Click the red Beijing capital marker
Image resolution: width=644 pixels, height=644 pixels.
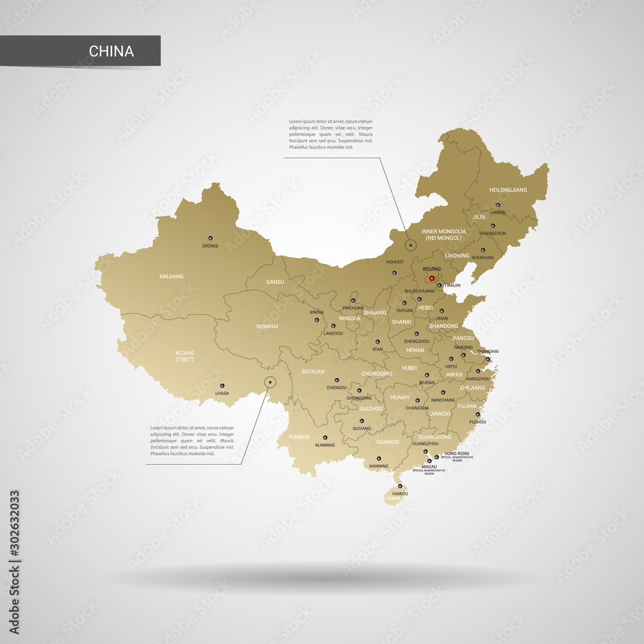[431, 279]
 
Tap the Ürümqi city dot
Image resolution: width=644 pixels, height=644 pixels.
[210, 237]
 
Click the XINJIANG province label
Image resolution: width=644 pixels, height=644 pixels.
[171, 276]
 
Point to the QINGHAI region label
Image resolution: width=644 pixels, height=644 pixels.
[267, 327]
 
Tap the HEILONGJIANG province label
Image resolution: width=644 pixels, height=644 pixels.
[507, 190]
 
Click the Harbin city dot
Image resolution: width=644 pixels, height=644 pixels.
[498, 205]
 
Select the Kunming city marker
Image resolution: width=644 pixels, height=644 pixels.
[325, 437]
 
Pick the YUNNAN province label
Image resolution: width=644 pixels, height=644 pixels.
[299, 437]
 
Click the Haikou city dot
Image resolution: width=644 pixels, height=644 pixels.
[400, 486]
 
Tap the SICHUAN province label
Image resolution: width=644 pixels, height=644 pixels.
[313, 372]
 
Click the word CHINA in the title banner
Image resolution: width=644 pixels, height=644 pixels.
[111, 52]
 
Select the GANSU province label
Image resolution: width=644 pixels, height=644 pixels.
[275, 282]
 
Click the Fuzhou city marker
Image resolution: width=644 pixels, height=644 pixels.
[478, 414]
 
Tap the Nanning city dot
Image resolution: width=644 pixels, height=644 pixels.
[379, 458]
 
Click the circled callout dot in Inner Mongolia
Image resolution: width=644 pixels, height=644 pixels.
[410, 245]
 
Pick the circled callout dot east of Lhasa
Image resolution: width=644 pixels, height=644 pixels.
[270, 383]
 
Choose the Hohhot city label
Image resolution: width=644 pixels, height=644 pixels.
[394, 262]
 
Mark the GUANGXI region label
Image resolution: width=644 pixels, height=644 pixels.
[388, 442]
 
